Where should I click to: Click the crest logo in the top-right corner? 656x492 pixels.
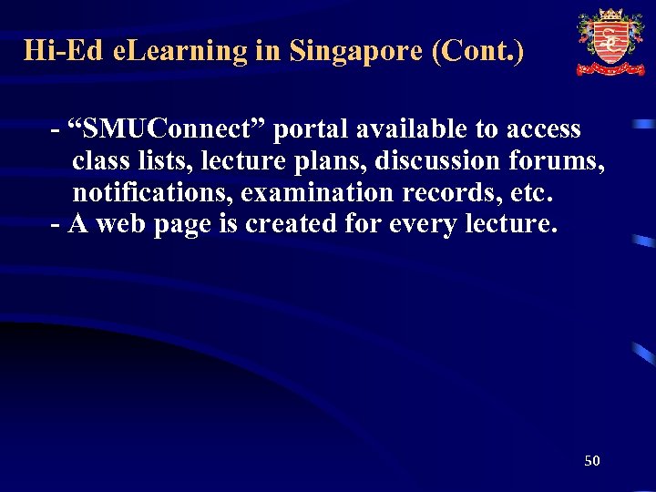click(x=610, y=42)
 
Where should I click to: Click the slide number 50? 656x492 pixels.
click(x=592, y=461)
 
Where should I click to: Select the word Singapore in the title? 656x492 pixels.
click(x=356, y=50)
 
